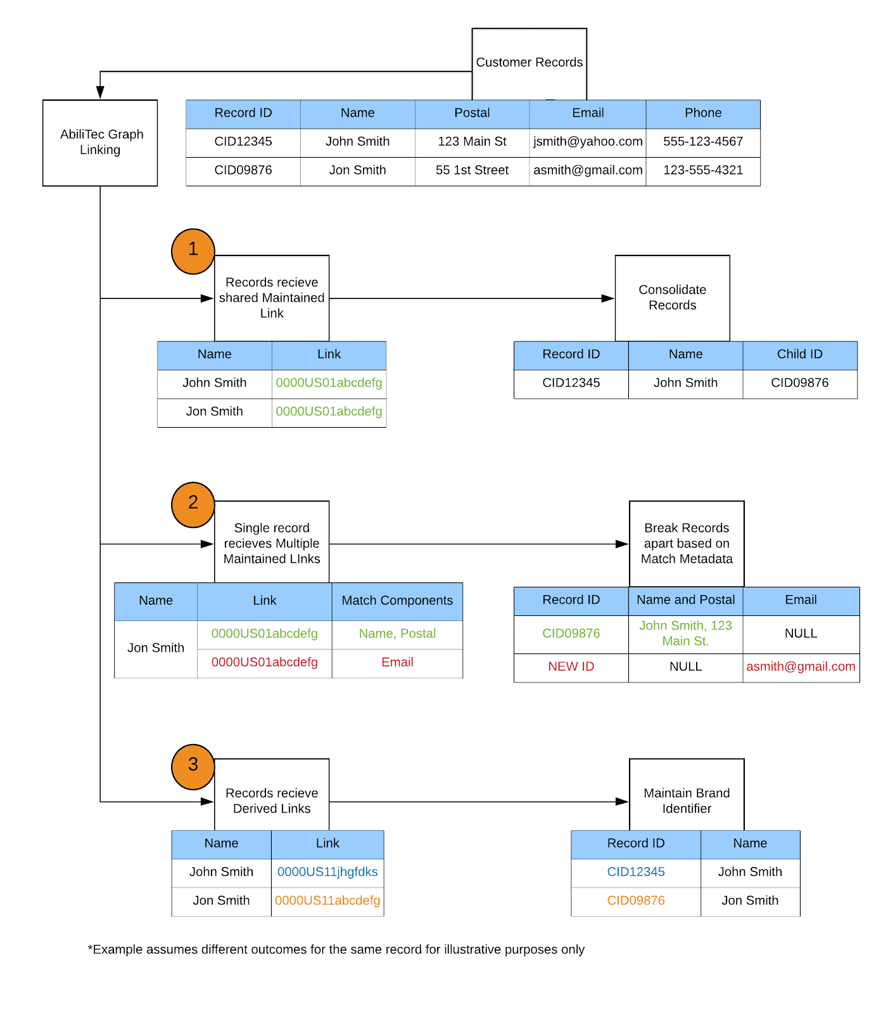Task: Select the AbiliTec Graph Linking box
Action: click(x=100, y=143)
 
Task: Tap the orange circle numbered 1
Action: click(x=193, y=252)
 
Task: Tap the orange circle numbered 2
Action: click(x=193, y=505)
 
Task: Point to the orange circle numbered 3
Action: click(x=193, y=767)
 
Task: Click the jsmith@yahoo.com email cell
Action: click(x=588, y=142)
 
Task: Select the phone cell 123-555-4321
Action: click(x=703, y=170)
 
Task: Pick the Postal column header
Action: click(x=472, y=113)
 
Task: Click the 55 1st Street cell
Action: click(x=472, y=170)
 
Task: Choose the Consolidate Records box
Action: click(x=672, y=298)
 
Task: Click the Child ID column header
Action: click(x=800, y=355)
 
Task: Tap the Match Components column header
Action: click(x=397, y=601)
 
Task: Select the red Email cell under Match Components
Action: click(x=397, y=662)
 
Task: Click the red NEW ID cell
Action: click(x=571, y=667)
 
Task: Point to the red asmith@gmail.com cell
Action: click(x=801, y=667)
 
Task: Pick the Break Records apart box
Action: click(x=687, y=544)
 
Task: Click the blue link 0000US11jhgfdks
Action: click(x=327, y=872)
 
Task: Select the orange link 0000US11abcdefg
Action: click(x=327, y=901)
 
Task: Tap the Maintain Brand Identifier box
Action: click(x=687, y=801)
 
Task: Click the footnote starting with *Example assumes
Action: click(x=336, y=949)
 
